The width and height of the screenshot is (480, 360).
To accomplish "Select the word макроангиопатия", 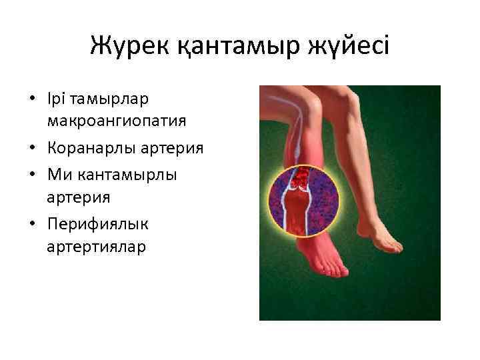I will tap(117, 121).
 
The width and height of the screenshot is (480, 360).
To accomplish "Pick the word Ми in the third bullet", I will tap(57, 173).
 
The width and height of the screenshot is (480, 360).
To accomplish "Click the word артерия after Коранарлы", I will tap(176, 147).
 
